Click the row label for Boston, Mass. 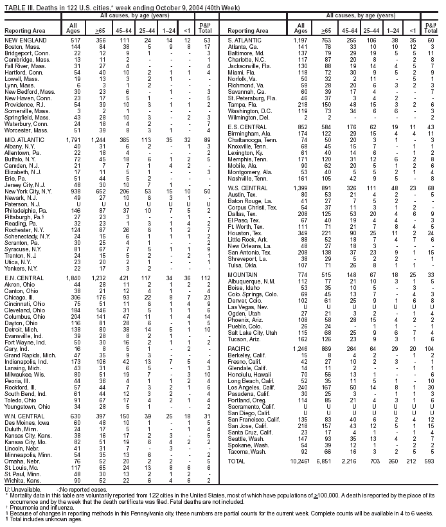(x=19, y=47)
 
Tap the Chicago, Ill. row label (x=20, y=280)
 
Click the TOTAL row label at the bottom (x=237, y=479)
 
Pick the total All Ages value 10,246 (x=301, y=479)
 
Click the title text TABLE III (x=19, y=4)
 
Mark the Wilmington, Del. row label (x=249, y=118)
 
